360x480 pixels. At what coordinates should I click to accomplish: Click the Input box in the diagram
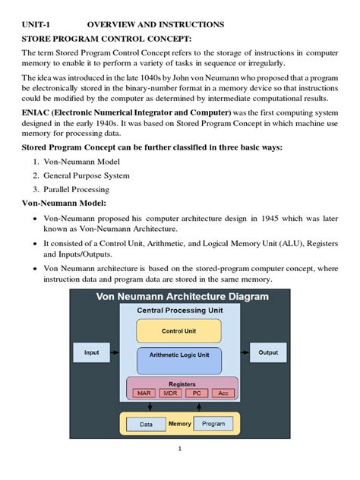[92, 352]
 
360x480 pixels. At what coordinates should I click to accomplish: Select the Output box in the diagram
[268, 352]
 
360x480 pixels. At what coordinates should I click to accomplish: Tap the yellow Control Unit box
[178, 330]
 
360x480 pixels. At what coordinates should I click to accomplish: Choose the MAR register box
[144, 393]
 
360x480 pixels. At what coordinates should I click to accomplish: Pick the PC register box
[195, 393]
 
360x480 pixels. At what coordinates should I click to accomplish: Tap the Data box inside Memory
[146, 425]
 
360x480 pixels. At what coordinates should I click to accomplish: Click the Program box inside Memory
[213, 424]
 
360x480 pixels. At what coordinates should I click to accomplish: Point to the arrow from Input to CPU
[116, 352]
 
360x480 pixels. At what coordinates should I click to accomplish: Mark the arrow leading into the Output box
[244, 352]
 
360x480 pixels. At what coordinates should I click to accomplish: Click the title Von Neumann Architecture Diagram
[182, 296]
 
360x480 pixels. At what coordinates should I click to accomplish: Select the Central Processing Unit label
[179, 311]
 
